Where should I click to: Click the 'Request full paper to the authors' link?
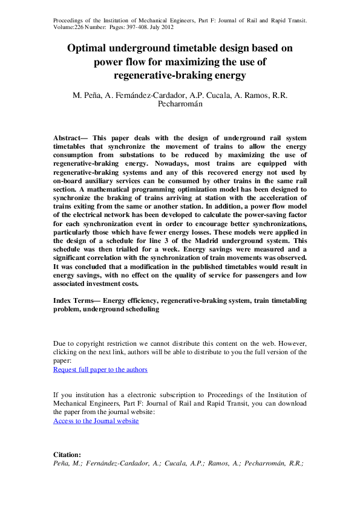[100, 369]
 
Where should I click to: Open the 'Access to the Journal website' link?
[96, 421]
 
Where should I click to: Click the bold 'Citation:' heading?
[67, 455]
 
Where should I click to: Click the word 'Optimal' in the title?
[90, 48]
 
